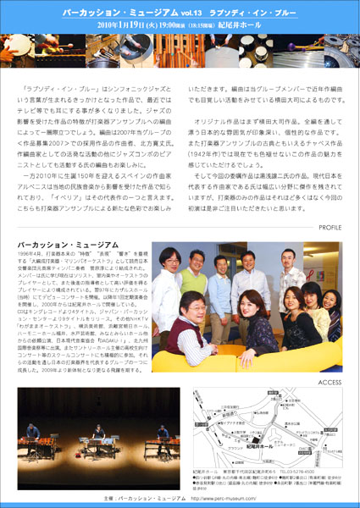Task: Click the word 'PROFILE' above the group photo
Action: [x=330, y=228]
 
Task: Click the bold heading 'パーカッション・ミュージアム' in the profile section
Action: [x=64, y=244]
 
